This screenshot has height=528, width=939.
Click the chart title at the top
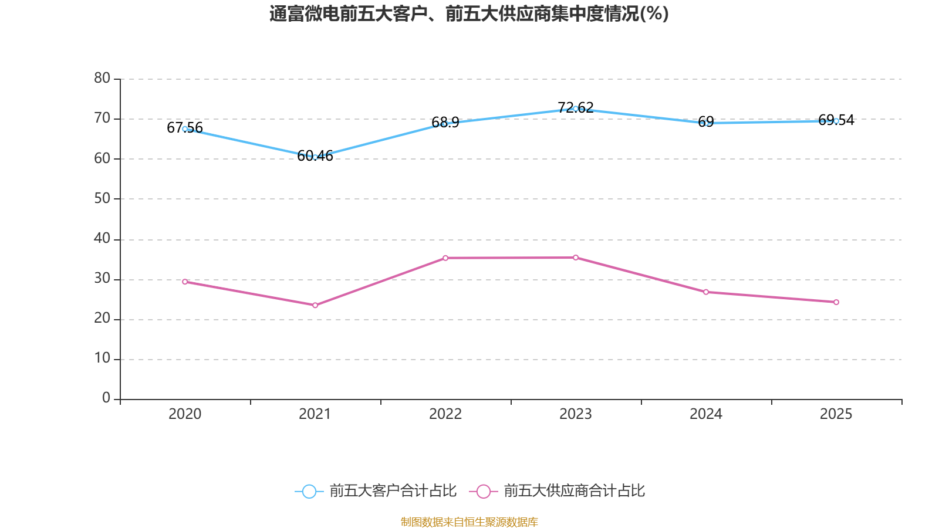469,14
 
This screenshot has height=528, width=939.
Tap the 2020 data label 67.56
184,127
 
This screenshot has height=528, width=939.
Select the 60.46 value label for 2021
315,156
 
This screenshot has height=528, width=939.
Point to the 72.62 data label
576,108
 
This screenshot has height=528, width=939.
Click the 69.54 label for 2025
836,120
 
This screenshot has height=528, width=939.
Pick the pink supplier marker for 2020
185,282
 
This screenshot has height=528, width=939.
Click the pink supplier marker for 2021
315,305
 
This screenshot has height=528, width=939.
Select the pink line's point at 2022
445,258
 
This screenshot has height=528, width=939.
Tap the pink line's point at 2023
576,258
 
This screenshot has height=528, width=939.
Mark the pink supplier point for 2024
706,292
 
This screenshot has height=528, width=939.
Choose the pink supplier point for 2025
836,302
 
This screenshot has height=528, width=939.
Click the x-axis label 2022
445,414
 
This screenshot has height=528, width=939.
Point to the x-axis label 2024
706,414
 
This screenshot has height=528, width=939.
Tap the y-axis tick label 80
102,78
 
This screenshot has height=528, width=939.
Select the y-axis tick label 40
102,238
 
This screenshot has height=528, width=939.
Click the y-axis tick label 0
106,398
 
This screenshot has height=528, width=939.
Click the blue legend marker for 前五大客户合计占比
309,491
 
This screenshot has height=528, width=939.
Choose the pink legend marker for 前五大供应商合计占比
484,491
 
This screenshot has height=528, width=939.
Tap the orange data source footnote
469,522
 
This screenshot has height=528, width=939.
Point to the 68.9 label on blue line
445,123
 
